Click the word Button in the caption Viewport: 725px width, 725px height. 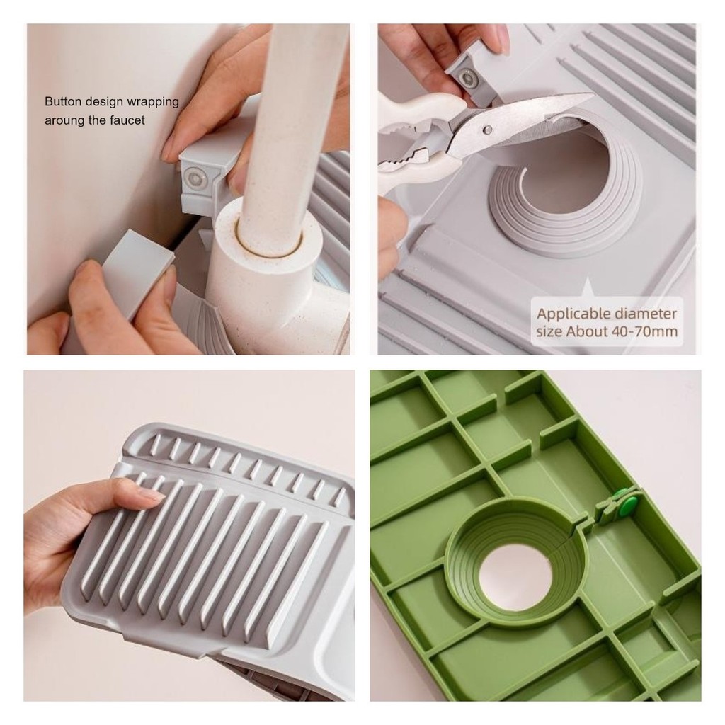click(x=63, y=101)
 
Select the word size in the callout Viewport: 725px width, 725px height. click(x=549, y=331)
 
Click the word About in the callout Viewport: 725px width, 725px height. click(x=590, y=331)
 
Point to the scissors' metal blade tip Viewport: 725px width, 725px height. click(x=593, y=96)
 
